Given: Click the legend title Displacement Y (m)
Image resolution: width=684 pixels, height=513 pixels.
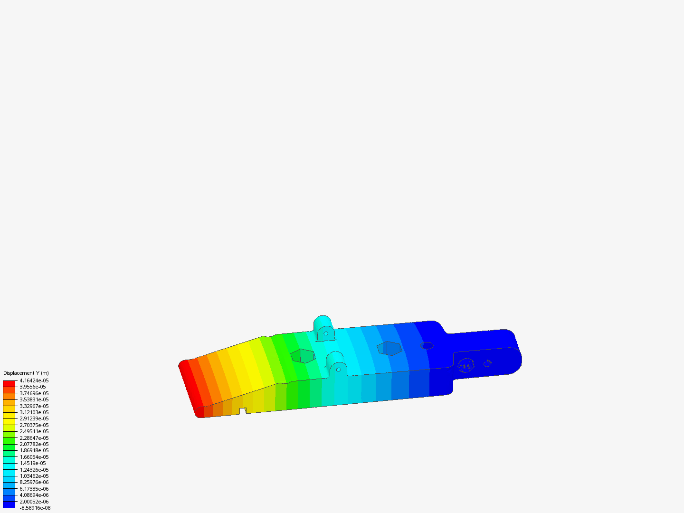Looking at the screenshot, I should (26, 373).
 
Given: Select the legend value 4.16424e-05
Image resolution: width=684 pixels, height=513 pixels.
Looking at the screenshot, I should (34, 380).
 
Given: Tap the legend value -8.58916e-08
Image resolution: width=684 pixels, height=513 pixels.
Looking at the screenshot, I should (35, 508).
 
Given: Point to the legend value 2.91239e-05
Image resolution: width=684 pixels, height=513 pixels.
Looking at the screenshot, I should (34, 418).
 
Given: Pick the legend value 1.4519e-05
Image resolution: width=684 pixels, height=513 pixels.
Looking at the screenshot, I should (33, 463).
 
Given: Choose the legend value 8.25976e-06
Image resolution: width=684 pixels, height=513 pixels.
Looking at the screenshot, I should (34, 482).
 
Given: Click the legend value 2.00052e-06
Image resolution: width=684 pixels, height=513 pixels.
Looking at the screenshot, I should (34, 502).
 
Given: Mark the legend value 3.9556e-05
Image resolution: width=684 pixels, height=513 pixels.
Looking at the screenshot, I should (33, 387).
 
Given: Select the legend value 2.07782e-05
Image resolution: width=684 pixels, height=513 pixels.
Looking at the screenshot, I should (34, 444).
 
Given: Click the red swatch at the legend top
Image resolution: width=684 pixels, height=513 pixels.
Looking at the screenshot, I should (9, 383).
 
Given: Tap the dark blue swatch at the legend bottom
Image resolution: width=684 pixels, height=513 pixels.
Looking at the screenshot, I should (9, 504).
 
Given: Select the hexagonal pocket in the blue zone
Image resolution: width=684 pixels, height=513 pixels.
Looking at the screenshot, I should (389, 348).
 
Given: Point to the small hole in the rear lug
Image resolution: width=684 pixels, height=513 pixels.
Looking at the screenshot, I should (326, 333).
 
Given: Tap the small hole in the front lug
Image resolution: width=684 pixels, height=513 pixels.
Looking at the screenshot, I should (338, 369).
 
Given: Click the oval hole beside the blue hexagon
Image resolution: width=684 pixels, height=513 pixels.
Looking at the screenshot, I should (427, 345).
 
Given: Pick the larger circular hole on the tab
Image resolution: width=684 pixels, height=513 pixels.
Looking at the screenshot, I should (466, 365).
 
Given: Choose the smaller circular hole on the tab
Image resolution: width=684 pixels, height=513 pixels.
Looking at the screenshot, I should (487, 363).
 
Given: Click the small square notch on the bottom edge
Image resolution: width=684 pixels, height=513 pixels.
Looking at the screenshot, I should (243, 410).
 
